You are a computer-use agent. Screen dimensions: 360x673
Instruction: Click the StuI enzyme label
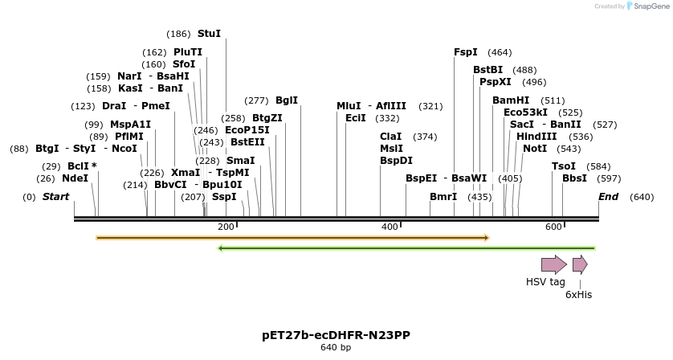pyautogui.click(x=209, y=34)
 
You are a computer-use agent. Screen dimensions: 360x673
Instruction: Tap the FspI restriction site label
pyautogui.click(x=466, y=52)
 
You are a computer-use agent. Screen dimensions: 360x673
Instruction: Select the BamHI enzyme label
pyautogui.click(x=511, y=100)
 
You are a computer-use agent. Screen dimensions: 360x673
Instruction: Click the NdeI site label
pyautogui.click(x=75, y=178)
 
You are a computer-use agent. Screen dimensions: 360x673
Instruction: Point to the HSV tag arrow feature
pyautogui.click(x=553, y=265)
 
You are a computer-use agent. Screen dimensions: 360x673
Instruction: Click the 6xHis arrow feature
pyautogui.click(x=580, y=265)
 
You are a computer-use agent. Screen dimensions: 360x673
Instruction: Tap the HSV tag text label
pyautogui.click(x=545, y=282)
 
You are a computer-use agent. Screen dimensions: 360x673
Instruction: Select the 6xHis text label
pyautogui.click(x=578, y=295)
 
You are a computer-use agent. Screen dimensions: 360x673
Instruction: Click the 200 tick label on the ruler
pyautogui.click(x=226, y=227)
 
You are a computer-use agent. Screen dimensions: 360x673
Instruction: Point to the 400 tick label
pyautogui.click(x=390, y=227)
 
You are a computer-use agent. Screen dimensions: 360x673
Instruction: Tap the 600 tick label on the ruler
pyautogui.click(x=553, y=227)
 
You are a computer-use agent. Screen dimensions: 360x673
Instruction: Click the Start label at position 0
pyautogui.click(x=55, y=197)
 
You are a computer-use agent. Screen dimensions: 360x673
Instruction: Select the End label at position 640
pyautogui.click(x=609, y=197)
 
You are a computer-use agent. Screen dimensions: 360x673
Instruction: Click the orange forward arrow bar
pyautogui.click(x=292, y=238)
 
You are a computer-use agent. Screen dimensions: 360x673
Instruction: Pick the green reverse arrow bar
pyautogui.click(x=406, y=248)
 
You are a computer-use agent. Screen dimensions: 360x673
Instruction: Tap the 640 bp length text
pyautogui.click(x=336, y=348)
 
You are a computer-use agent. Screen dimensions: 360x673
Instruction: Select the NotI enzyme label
pyautogui.click(x=535, y=149)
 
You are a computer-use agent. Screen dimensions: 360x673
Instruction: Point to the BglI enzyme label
pyautogui.click(x=287, y=100)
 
